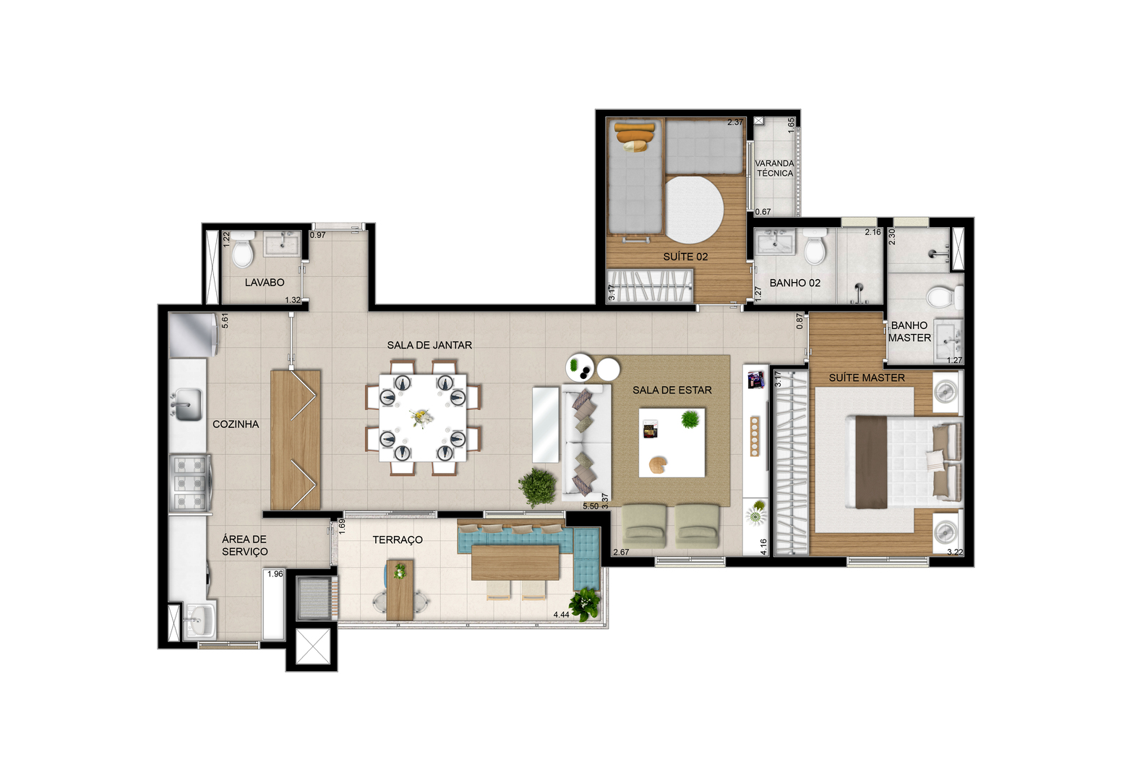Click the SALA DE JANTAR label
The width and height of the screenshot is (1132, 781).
(429, 345)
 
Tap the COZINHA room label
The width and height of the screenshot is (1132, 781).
(236, 424)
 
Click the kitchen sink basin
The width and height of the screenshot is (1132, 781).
(186, 405)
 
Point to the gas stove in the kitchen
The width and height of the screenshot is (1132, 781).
(191, 483)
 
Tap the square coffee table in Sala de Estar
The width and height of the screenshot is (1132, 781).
(672, 443)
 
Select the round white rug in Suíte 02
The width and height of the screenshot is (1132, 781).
(695, 209)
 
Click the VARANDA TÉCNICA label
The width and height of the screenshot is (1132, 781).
(775, 168)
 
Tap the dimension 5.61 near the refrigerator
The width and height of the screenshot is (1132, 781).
(226, 320)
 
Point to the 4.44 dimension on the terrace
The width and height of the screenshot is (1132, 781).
(562, 615)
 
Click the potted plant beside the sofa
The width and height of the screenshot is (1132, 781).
(537, 486)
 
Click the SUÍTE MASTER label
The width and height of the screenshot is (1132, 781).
(867, 377)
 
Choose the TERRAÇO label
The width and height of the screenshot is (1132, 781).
(397, 540)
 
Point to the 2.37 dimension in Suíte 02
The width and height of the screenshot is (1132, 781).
(735, 122)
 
